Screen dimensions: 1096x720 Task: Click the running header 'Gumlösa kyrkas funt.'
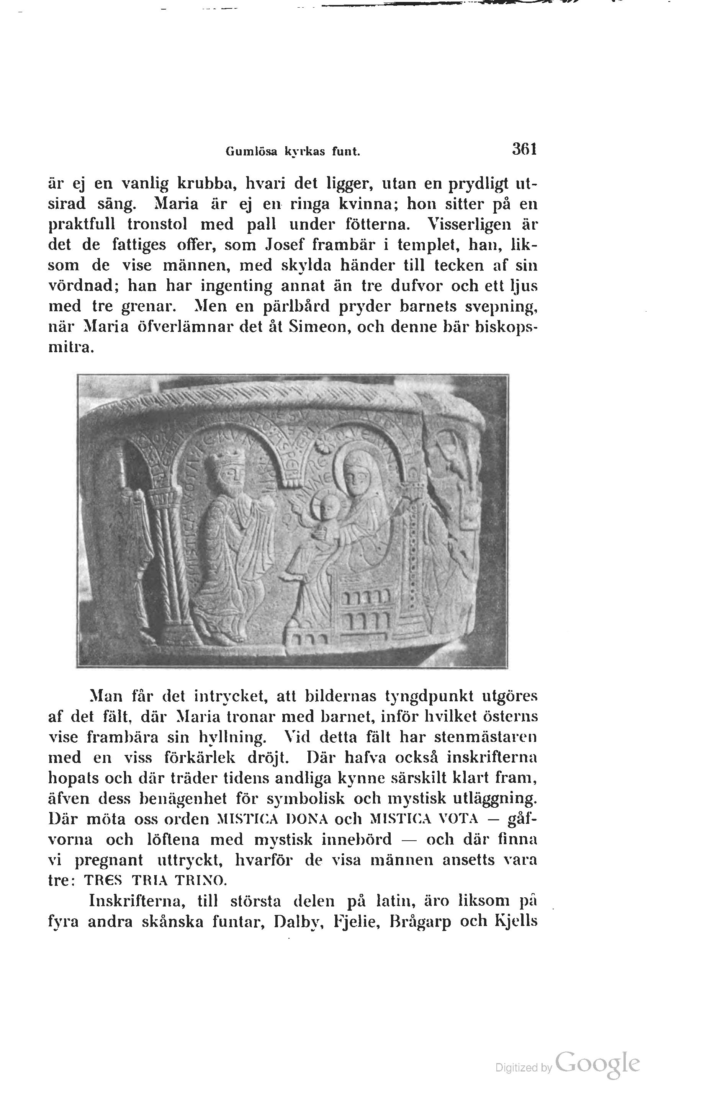pos(293,152)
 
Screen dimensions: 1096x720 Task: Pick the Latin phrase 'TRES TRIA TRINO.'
pos(155,880)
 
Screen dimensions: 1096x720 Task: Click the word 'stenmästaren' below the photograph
pos(486,737)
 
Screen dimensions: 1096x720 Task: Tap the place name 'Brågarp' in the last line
pos(420,921)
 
